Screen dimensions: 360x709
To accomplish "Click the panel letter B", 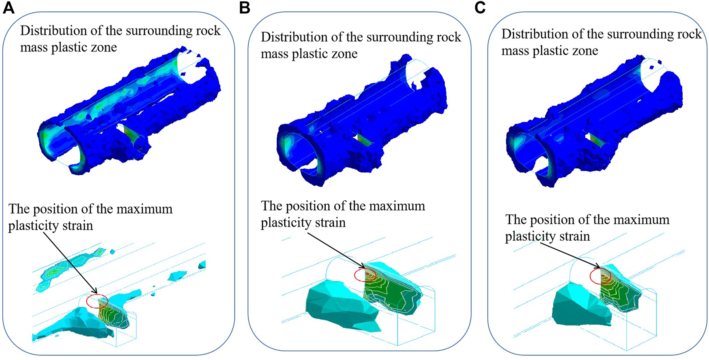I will click(245, 8).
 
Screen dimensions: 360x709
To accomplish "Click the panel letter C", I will click(480, 8).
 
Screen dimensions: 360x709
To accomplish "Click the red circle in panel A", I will click(97, 301).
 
